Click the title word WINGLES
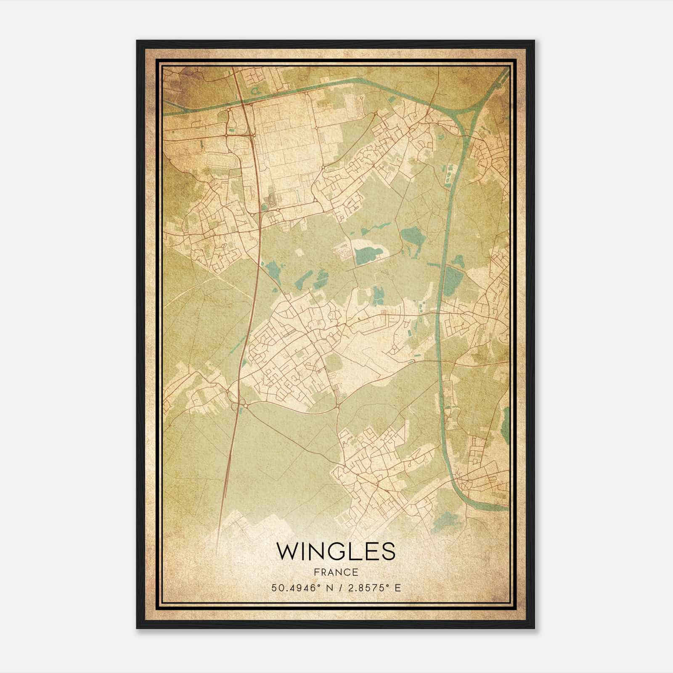(336, 551)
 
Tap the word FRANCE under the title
(336, 572)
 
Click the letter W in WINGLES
(285, 551)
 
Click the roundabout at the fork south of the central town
(338, 406)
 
